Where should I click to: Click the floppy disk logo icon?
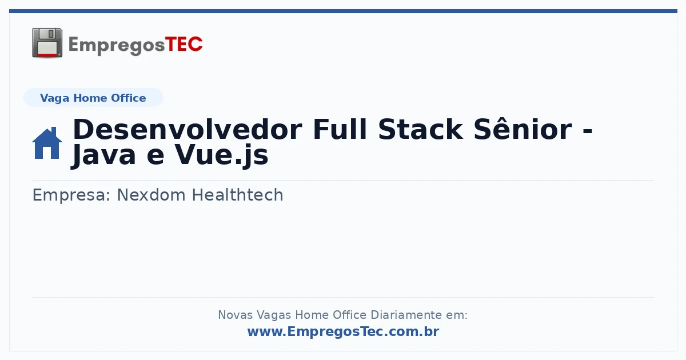(47, 43)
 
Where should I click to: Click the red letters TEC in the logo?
(184, 45)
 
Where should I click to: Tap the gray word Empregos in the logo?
(117, 45)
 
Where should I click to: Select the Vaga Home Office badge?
(93, 98)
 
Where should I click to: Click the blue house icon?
(47, 143)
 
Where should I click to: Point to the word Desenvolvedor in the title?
(188, 130)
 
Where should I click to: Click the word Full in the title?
(340, 130)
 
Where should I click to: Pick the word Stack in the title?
(420, 130)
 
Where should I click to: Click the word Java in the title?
(103, 156)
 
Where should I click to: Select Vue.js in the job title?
(221, 156)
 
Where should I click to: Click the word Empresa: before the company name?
(71, 195)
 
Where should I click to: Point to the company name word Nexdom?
(151, 195)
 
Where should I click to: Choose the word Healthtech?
(238, 195)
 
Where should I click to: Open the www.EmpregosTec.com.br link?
(344, 331)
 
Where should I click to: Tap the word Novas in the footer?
(236, 315)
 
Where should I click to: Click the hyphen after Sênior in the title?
(588, 131)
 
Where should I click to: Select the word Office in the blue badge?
(128, 98)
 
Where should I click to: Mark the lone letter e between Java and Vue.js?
(155, 157)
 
